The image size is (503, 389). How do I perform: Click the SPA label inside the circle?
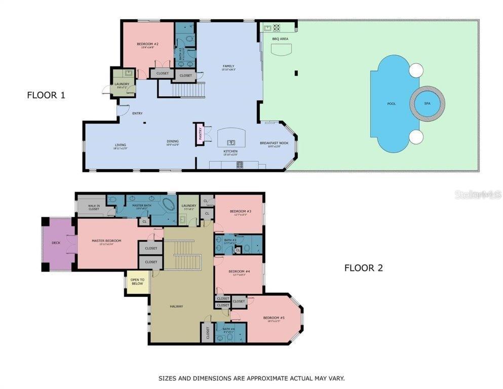(x=427, y=103)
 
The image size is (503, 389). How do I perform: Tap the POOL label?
(x=392, y=104)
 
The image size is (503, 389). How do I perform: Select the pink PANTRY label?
(x=201, y=133)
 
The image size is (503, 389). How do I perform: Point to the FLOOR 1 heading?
(x=46, y=95)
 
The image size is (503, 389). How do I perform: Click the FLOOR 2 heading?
(x=363, y=268)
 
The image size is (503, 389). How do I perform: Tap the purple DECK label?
(x=56, y=243)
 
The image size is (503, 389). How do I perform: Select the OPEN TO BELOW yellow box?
(x=137, y=282)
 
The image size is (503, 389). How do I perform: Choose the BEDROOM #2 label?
(x=148, y=44)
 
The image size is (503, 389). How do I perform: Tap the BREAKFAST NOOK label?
(x=274, y=143)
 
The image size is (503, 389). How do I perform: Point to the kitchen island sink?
(x=231, y=142)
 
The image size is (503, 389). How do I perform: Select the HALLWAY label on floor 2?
(x=176, y=306)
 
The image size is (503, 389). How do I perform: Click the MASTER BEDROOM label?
(x=106, y=241)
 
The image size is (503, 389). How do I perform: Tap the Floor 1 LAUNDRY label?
(x=122, y=84)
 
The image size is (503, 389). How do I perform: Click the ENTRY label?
(x=137, y=113)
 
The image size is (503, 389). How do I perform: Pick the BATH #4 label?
(x=223, y=329)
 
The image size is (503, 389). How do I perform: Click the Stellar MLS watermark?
(x=478, y=194)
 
